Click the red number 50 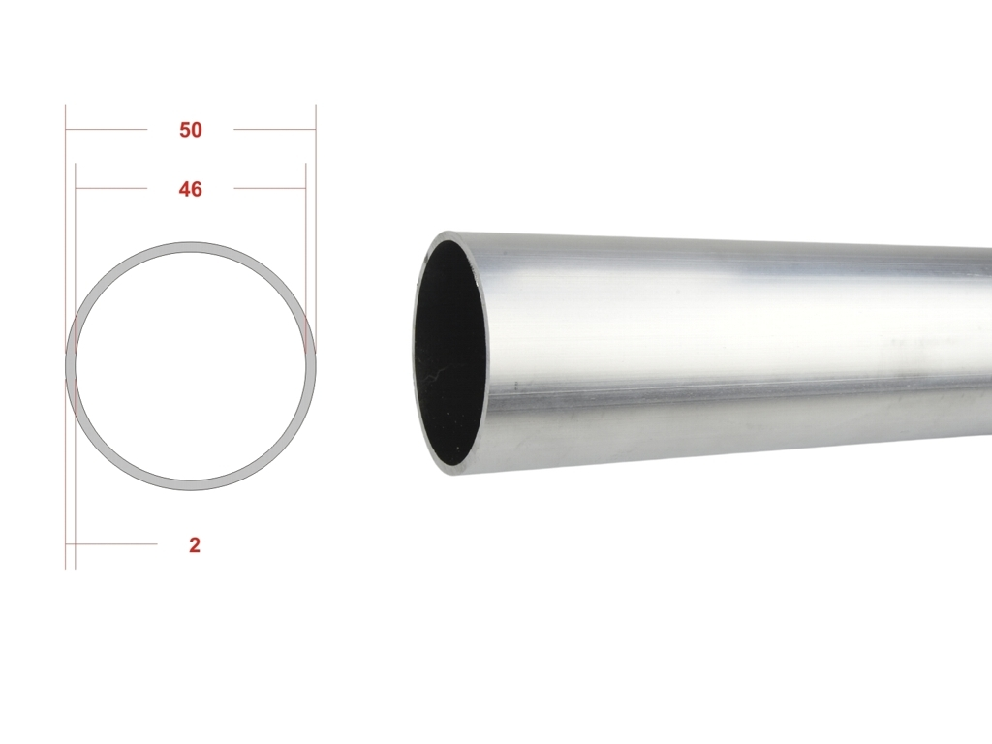click(191, 130)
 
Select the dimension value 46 click(191, 190)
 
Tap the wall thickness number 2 click(195, 545)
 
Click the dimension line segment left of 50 click(106, 130)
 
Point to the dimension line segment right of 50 click(274, 130)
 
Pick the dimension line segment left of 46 click(110, 189)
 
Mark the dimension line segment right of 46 click(269, 189)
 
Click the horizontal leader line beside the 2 click(116, 544)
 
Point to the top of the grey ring click(191, 247)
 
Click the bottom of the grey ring click(191, 485)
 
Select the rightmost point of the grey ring click(311, 366)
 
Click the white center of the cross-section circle click(191, 366)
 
